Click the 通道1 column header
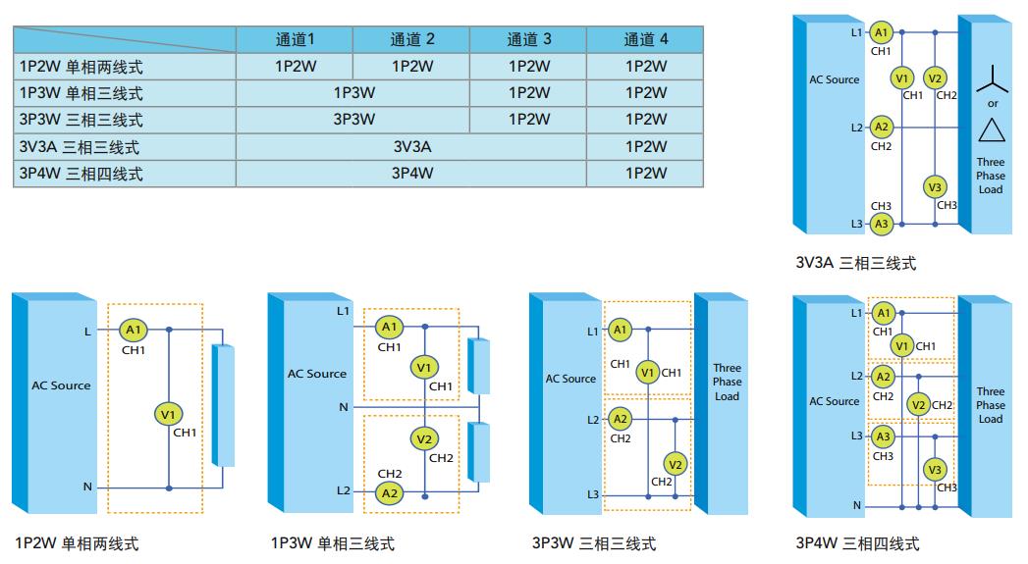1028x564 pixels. coord(294,39)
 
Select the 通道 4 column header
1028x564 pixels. coord(645,39)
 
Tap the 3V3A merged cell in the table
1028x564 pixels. coord(411,147)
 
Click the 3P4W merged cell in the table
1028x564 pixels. coord(411,174)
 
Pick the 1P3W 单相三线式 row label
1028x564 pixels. coord(81,93)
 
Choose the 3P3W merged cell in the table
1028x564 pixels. coord(353,120)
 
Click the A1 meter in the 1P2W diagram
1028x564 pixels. coord(134,331)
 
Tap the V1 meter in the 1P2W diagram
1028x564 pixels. coord(167,414)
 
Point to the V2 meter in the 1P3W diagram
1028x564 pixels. coord(424,438)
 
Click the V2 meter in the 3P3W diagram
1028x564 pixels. coord(675,463)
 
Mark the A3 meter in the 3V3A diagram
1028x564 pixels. coord(881,224)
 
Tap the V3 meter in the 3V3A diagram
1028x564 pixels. coord(936,187)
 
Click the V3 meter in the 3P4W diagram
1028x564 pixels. coord(935,470)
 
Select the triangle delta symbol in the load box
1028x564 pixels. coord(991,129)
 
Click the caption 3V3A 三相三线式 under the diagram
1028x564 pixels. coord(855,263)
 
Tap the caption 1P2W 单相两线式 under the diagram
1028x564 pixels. coord(77,542)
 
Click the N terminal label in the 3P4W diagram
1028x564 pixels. coord(857,505)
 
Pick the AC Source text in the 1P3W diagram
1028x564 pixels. coord(316,374)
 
